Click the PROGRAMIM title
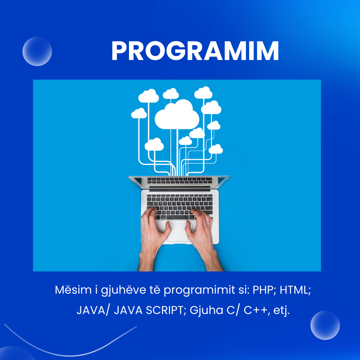195,51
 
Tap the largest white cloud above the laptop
177,115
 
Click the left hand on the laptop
154,239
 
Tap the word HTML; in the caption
295,290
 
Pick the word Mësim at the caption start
73,290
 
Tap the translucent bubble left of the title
37,51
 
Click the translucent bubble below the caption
325,325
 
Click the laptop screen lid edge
179,177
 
